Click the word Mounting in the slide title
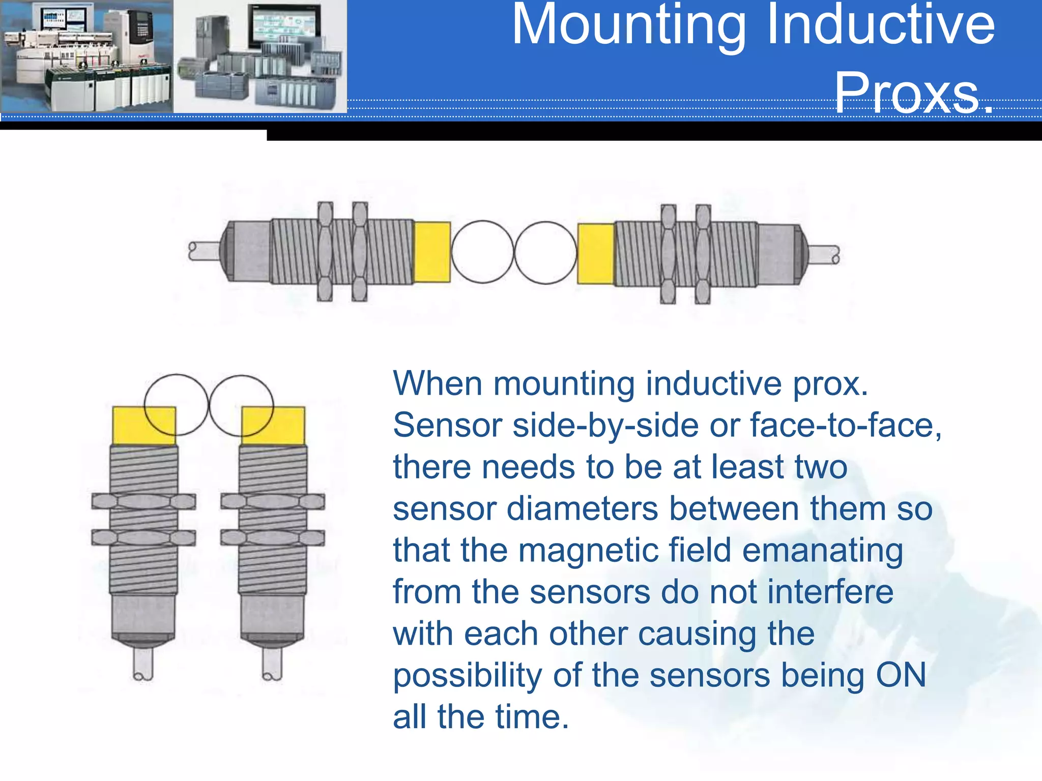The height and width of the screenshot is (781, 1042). (x=629, y=25)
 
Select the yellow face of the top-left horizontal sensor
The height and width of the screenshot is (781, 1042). (x=432, y=252)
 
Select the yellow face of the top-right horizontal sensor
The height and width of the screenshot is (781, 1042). (x=596, y=254)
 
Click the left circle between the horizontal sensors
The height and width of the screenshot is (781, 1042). (x=482, y=252)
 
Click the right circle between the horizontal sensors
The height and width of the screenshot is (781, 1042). (x=545, y=253)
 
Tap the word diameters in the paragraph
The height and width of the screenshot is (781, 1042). (x=582, y=508)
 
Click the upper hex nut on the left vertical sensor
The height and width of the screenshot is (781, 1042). (x=143, y=501)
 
